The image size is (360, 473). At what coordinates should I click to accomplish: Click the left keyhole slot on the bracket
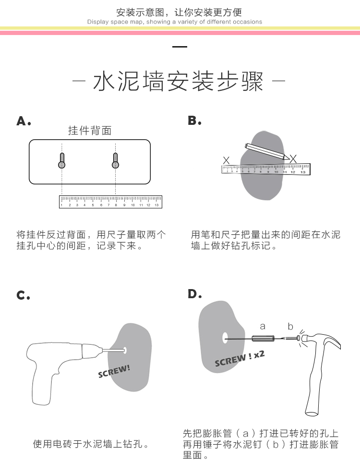(x=61, y=160)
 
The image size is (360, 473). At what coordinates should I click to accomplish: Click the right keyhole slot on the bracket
(x=115, y=160)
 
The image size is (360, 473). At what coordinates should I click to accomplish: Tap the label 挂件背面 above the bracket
(x=90, y=131)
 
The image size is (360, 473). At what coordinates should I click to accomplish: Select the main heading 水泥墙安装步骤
(x=179, y=82)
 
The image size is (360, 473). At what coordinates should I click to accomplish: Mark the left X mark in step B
(x=227, y=160)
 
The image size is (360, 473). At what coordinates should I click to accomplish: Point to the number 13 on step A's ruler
(x=156, y=205)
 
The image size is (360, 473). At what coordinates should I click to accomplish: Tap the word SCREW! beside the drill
(x=114, y=371)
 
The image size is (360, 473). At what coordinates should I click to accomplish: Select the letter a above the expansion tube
(x=263, y=327)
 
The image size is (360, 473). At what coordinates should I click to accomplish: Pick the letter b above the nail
(x=290, y=327)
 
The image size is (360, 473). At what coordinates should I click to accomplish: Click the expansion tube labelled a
(x=263, y=339)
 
